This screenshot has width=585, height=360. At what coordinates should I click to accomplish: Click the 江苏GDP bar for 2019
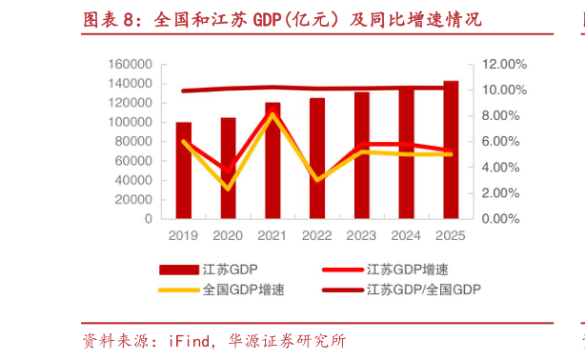pyautogui.click(x=183, y=170)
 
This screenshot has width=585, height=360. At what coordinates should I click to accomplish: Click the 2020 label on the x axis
pyautogui.click(x=228, y=235)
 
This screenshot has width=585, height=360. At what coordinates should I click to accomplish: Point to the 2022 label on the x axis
pyautogui.click(x=317, y=235)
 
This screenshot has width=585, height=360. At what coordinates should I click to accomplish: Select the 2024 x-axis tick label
pyautogui.click(x=406, y=235)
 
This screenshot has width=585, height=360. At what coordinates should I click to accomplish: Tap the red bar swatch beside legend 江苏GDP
pyautogui.click(x=178, y=270)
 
